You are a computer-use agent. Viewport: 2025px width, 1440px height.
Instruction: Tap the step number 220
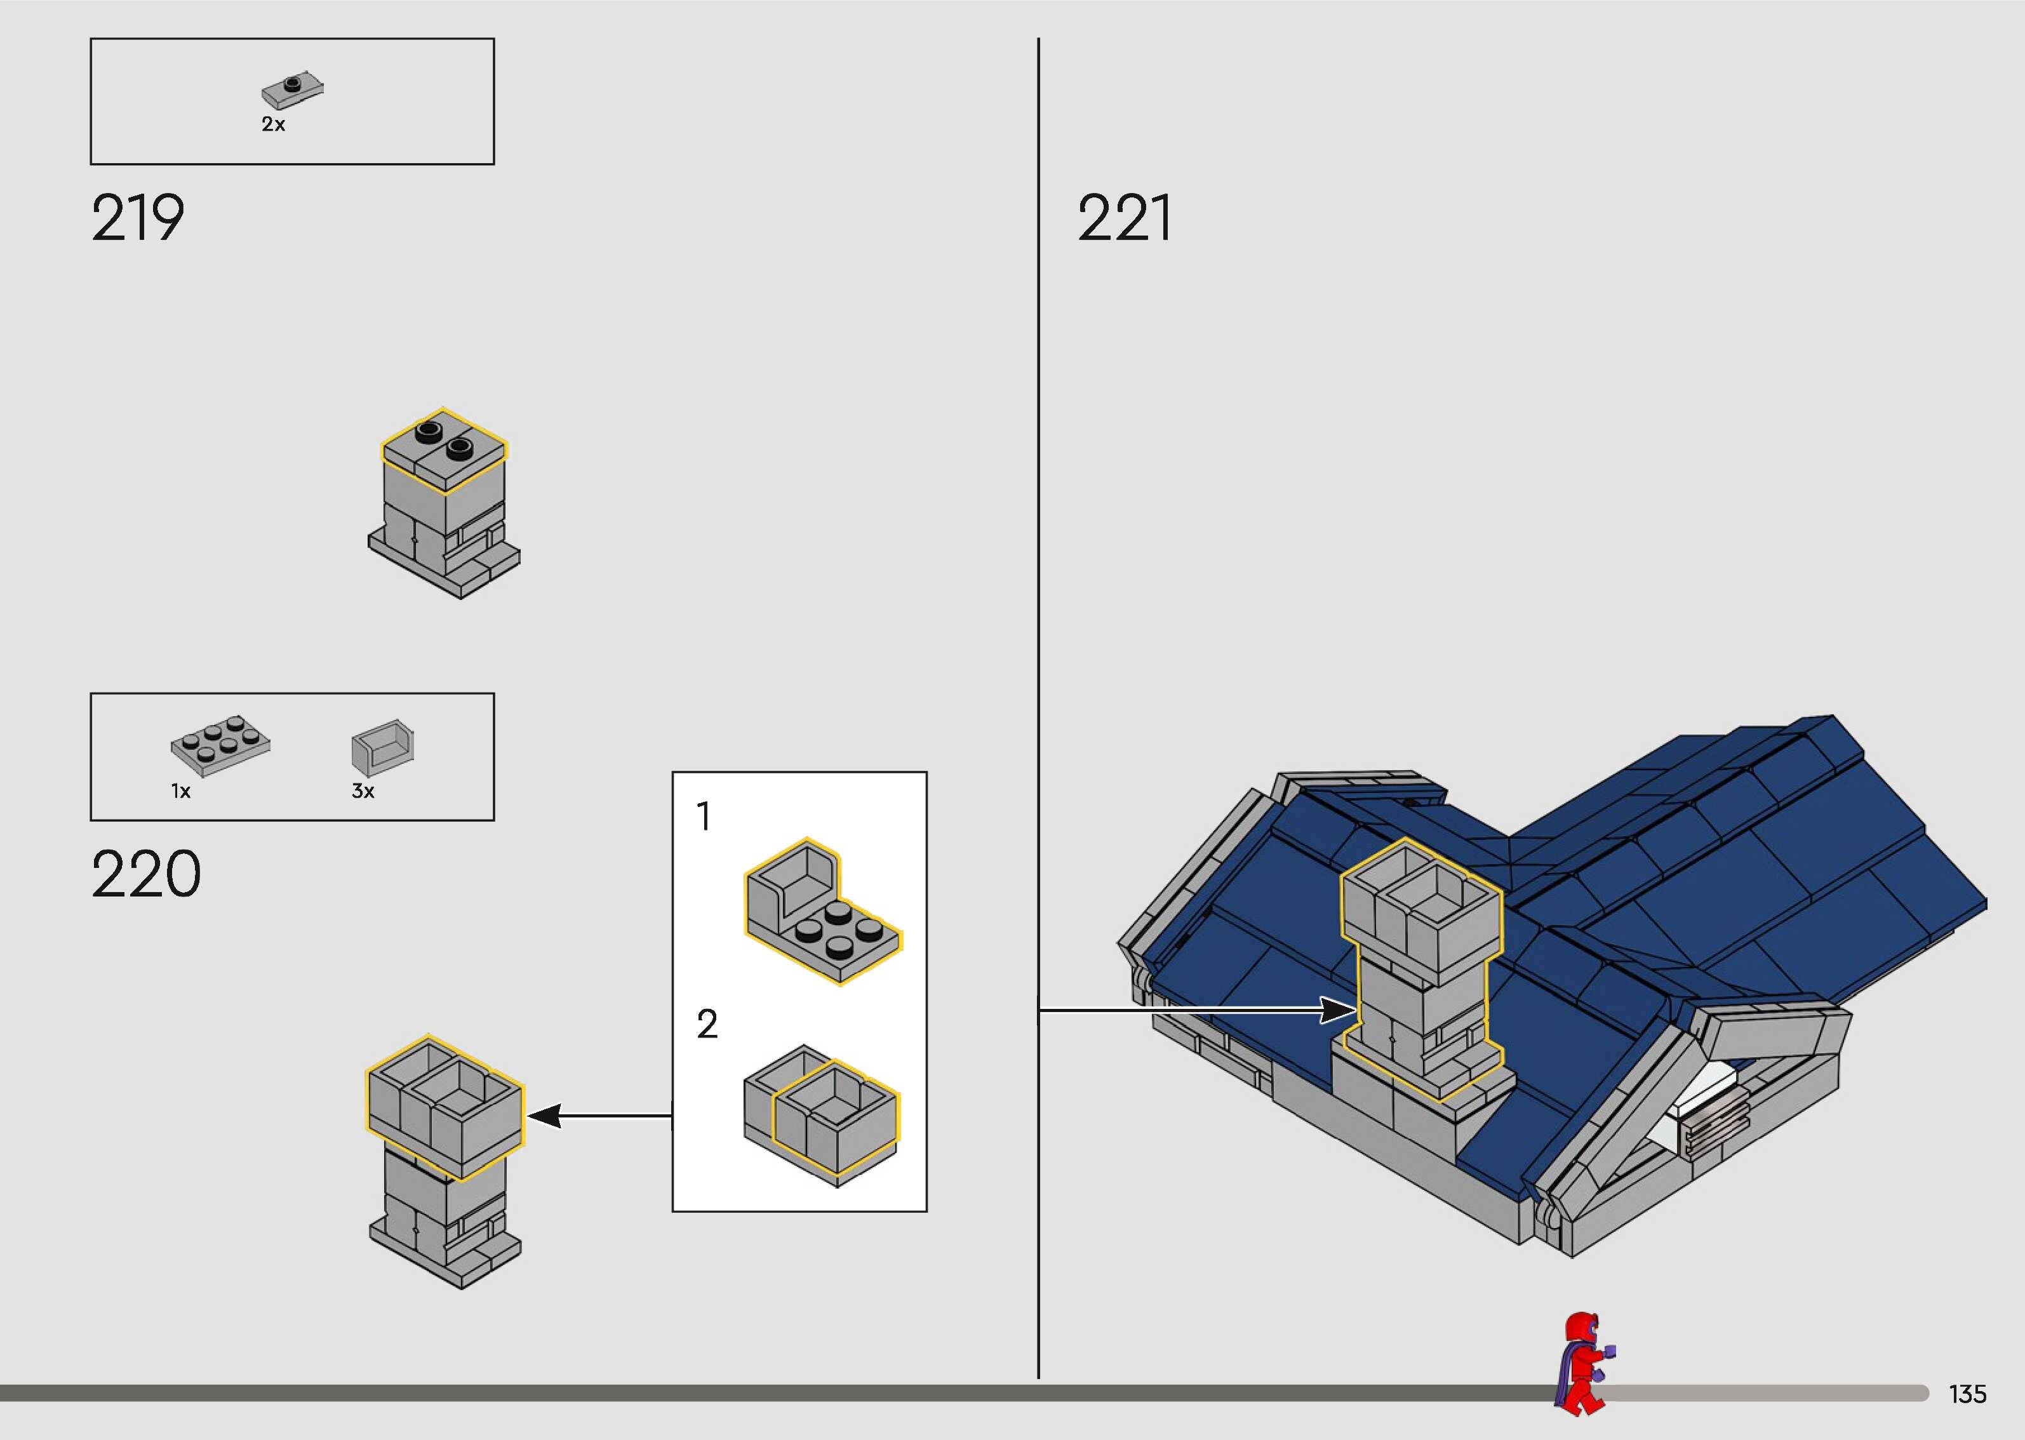click(145, 874)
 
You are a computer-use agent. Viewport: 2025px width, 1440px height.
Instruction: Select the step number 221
click(1124, 218)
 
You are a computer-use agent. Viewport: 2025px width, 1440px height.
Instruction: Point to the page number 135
click(1967, 1394)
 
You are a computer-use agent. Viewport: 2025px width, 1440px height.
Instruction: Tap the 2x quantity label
click(273, 125)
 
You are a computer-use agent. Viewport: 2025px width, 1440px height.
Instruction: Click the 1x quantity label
click(181, 792)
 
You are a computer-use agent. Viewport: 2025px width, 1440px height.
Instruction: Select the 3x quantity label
click(363, 791)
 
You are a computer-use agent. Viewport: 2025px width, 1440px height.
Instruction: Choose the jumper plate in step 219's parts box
click(293, 89)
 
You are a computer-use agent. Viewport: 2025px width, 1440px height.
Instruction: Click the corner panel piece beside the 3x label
click(383, 747)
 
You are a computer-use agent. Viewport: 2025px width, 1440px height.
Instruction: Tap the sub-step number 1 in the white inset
click(704, 817)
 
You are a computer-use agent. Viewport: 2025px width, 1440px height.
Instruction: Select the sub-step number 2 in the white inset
click(707, 1024)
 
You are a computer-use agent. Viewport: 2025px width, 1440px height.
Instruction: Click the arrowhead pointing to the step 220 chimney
click(544, 1116)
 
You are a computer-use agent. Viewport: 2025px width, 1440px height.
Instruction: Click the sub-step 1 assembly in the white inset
click(821, 912)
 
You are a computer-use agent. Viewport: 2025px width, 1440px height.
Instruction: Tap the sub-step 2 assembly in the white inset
click(821, 1116)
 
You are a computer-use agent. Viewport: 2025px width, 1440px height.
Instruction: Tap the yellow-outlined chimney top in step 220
click(445, 1107)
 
